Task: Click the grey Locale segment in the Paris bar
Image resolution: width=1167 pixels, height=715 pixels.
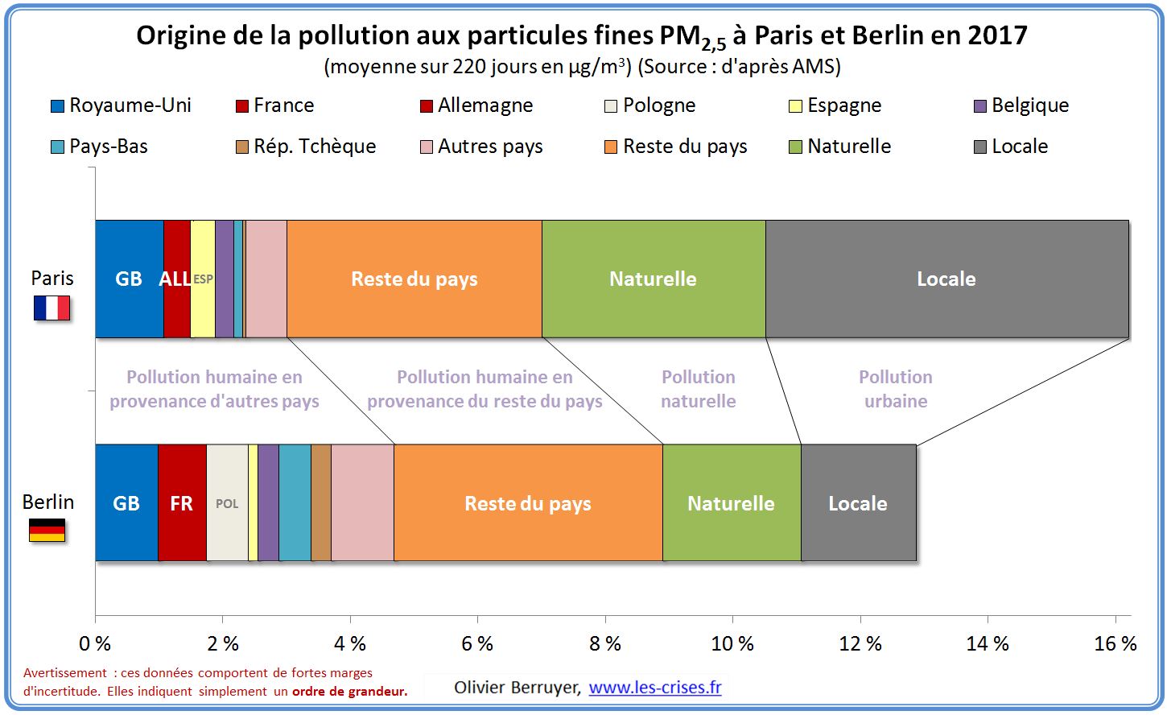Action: coord(946,279)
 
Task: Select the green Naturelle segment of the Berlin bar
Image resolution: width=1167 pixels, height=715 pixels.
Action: coord(731,503)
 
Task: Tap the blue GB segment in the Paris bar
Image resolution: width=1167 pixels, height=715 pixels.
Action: coord(129,279)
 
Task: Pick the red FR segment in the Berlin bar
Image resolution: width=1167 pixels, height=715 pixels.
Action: coord(182,503)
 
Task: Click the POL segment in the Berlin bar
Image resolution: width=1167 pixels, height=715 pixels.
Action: coord(227,503)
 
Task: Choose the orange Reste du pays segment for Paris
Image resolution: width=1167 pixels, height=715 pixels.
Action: coord(414,279)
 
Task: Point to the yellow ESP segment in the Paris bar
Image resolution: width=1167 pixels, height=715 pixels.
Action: coord(203,279)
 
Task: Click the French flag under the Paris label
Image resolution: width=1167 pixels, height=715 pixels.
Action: coord(52,308)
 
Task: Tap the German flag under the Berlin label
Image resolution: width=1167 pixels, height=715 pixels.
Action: coord(47,530)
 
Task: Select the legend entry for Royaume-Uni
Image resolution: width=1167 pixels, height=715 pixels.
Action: coord(121,105)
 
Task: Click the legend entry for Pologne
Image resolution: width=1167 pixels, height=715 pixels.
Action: coord(650,105)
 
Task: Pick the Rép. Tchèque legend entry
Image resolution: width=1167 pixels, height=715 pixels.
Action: coord(306,147)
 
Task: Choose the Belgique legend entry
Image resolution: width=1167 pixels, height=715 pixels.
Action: coord(1021,105)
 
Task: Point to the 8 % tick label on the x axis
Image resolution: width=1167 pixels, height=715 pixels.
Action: coord(605,644)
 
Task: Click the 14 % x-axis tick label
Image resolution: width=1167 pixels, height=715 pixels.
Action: coord(988,644)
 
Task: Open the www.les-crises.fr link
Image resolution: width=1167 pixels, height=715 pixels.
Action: coord(655,688)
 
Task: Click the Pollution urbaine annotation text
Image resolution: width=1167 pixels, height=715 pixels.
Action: coord(896,389)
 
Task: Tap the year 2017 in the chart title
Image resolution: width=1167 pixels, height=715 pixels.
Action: coord(997,35)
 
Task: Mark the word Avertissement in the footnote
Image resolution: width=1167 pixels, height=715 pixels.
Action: coord(65,673)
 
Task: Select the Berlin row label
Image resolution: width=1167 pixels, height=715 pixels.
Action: coord(48,502)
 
